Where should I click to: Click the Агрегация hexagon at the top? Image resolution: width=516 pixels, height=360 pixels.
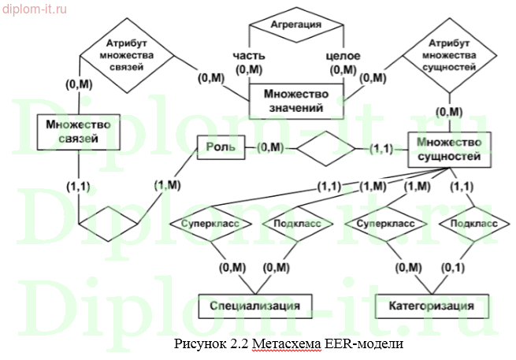click(x=296, y=25)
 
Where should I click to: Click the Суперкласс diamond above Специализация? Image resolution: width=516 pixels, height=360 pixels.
click(x=210, y=224)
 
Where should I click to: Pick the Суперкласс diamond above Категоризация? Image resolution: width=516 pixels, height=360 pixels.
click(x=385, y=224)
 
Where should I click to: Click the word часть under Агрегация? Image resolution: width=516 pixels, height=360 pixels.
click(x=249, y=56)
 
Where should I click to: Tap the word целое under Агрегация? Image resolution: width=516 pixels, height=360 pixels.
click(x=343, y=56)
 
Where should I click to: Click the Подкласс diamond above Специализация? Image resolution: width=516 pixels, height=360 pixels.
click(x=296, y=224)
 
